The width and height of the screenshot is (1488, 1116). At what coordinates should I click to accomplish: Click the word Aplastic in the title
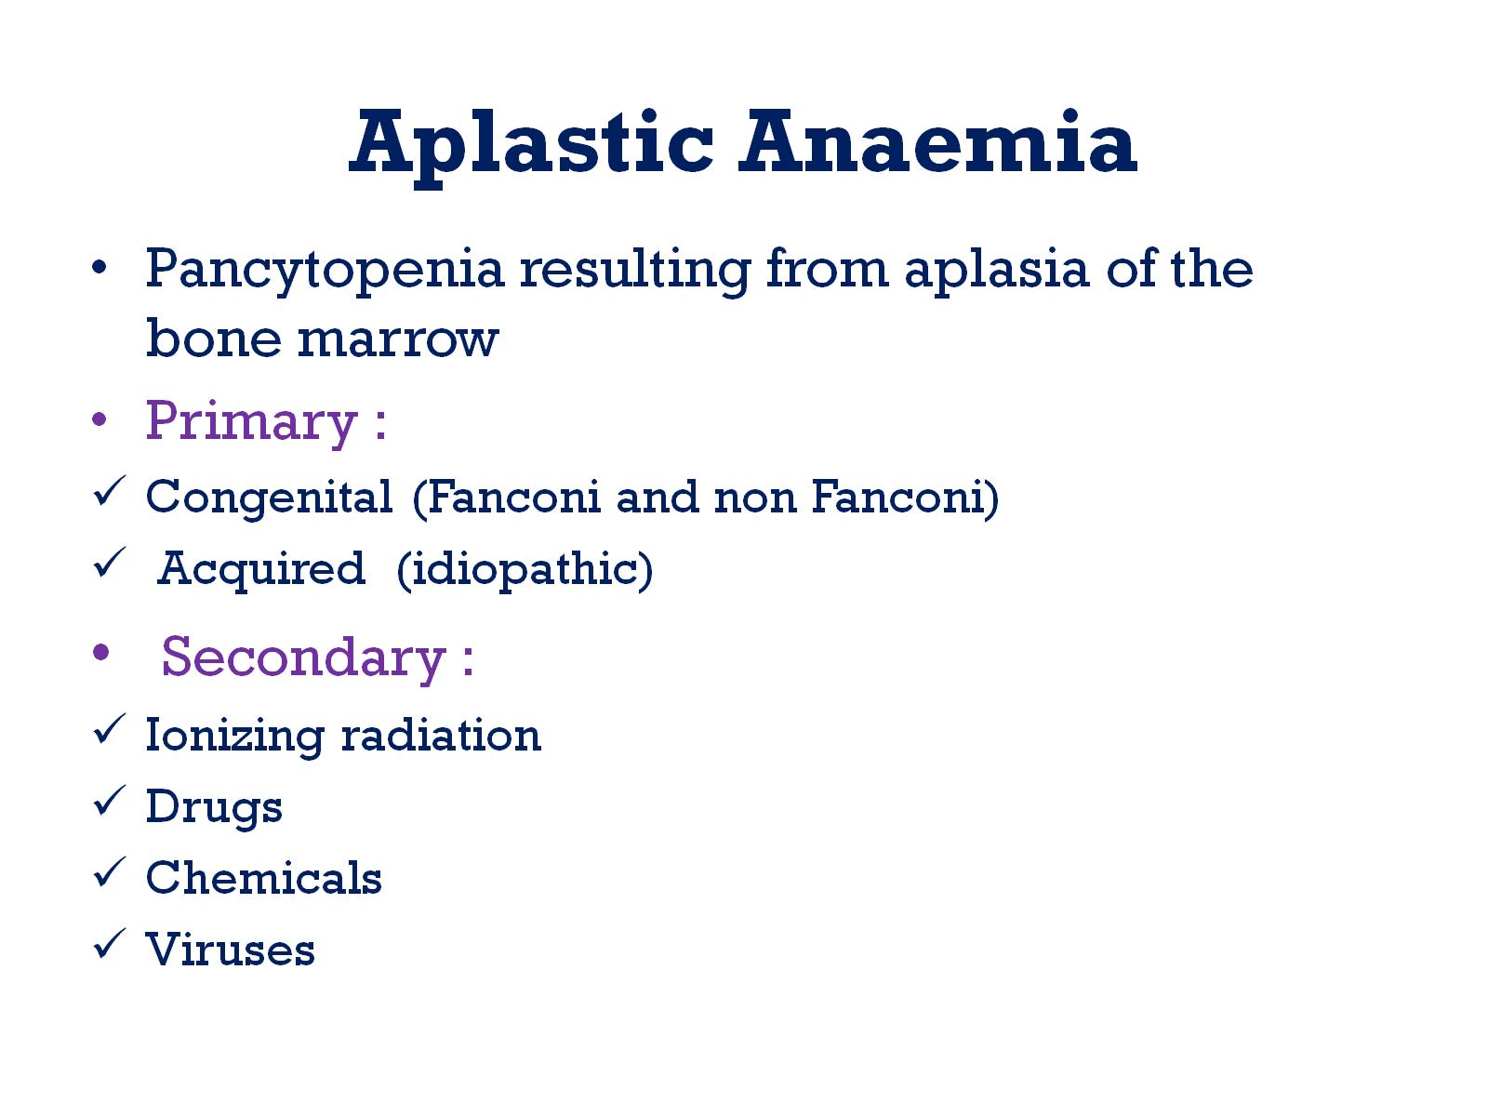point(531,144)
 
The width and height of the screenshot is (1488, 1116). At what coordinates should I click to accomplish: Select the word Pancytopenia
point(325,271)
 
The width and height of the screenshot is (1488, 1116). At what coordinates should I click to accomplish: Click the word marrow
point(398,339)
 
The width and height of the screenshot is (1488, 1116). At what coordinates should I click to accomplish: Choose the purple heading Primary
point(252,422)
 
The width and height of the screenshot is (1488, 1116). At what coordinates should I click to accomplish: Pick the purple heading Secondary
point(303,658)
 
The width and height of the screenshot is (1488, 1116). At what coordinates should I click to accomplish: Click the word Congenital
point(270,498)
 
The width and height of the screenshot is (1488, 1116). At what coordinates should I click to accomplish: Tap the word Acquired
point(261,569)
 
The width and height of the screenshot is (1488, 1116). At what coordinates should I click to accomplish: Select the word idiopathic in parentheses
point(525,570)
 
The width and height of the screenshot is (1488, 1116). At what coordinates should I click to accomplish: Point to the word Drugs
point(214,807)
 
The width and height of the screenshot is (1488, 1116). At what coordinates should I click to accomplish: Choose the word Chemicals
point(264,878)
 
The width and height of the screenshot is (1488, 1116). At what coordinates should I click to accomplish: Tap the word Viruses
point(231,950)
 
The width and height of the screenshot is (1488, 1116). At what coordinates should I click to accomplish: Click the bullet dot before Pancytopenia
point(100,270)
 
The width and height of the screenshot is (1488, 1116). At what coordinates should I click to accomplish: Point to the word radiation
point(441,737)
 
